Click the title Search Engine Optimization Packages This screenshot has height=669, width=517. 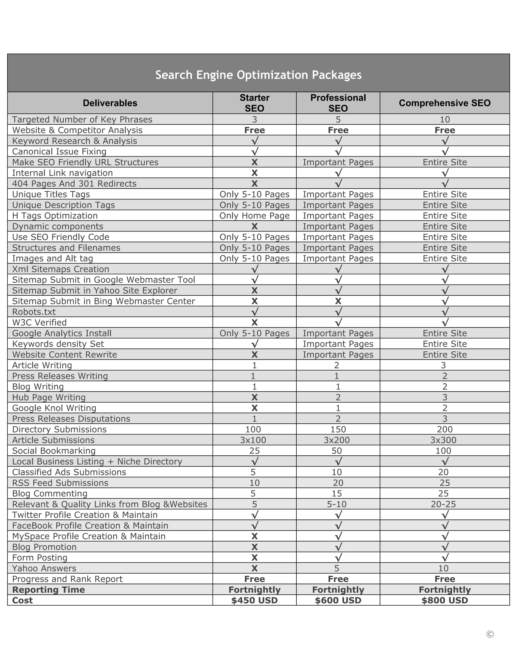coord(258,75)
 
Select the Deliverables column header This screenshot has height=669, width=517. coord(110,103)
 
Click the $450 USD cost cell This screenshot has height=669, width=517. coord(254,600)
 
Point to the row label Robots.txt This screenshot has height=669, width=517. coord(34,312)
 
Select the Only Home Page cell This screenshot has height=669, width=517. coord(254,216)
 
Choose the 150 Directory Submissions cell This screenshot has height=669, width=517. coord(338,429)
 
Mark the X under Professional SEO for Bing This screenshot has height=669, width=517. coord(338,301)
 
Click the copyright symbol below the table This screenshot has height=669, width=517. coord(490,634)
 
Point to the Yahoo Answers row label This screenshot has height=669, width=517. coord(44,568)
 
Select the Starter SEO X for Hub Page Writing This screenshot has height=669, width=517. coord(254,397)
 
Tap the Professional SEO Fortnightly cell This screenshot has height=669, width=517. coord(338,590)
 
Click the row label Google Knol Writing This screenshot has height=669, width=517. coord(54,408)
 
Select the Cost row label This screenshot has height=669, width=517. coord(22,600)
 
